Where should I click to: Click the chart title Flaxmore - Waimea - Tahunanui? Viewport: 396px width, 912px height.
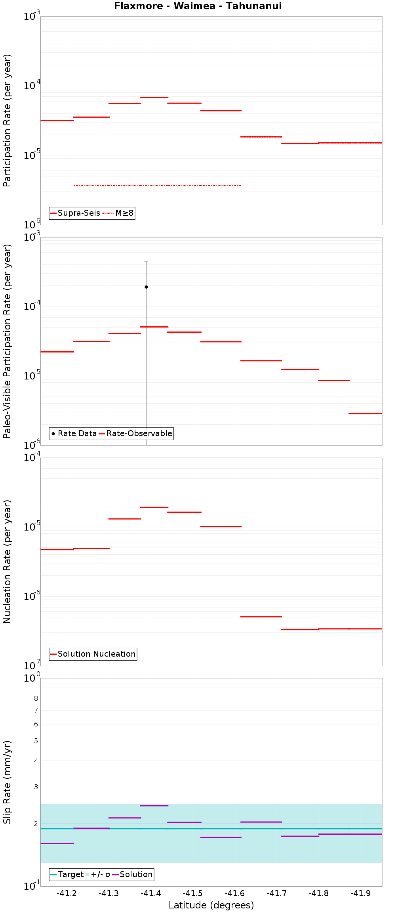pyautogui.click(x=198, y=6)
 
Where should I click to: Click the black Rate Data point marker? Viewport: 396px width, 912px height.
pyautogui.click(x=146, y=287)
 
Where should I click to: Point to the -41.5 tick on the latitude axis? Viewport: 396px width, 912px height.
pyautogui.click(x=192, y=893)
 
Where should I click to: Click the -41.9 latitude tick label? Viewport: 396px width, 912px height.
pyautogui.click(x=361, y=893)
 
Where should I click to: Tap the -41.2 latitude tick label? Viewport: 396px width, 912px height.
pyautogui.click(x=67, y=893)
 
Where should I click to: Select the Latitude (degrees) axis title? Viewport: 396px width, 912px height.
pyautogui.click(x=211, y=905)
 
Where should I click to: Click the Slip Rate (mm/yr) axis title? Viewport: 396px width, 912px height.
pyautogui.click(x=7, y=782)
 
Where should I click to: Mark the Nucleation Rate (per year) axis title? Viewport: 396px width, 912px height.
pyautogui.click(x=7, y=561)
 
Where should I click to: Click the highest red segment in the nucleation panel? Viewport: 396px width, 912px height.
pyautogui.click(x=154, y=507)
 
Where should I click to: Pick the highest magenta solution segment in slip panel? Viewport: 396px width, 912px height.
pyautogui.click(x=154, y=805)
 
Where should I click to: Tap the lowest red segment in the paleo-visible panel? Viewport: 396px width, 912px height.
pyautogui.click(x=365, y=414)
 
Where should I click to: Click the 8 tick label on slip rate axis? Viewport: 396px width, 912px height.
pyautogui.click(x=36, y=698)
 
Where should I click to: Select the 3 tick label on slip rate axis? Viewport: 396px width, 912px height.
pyautogui.click(x=36, y=787)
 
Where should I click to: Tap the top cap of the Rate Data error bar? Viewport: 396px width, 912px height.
pyautogui.click(x=146, y=262)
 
